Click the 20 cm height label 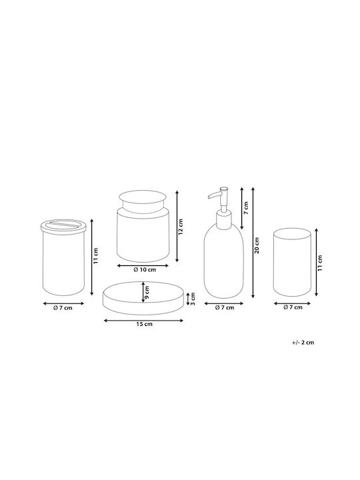tap(257, 245)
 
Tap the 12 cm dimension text tap(180, 227)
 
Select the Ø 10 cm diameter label tap(145, 270)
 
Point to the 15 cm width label tap(144, 324)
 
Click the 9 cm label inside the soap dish tap(147, 293)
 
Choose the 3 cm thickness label tap(193, 299)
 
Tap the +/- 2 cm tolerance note tap(303, 342)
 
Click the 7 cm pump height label tap(246, 208)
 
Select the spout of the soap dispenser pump tap(214, 195)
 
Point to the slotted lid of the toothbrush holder tap(64, 225)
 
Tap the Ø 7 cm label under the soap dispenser tap(225, 307)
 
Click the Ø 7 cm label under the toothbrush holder tap(63, 308)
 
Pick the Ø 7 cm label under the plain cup tap(293, 307)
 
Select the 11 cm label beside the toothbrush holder tap(96, 256)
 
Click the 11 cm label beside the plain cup tap(320, 263)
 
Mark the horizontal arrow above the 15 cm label tap(143, 321)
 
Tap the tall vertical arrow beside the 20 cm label tap(253, 243)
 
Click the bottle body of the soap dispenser tap(224, 261)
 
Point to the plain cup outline tap(292, 263)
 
